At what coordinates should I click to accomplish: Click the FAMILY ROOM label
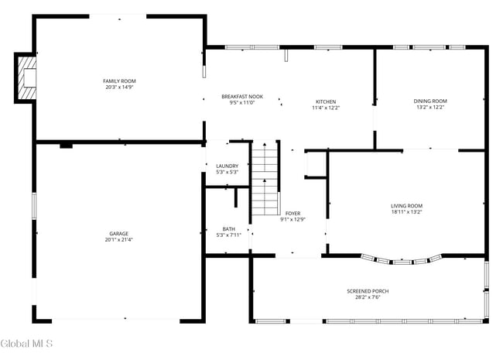(x=119, y=81)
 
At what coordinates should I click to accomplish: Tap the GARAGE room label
(x=118, y=233)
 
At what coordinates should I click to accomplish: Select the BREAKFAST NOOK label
(x=242, y=96)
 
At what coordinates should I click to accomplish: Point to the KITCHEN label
(x=325, y=101)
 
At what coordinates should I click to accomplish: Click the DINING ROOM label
(x=430, y=101)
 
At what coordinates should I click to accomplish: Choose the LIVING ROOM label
(x=406, y=205)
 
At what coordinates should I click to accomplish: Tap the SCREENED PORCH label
(x=368, y=290)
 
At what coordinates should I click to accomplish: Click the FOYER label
(x=293, y=213)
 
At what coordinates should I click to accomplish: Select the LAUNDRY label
(x=227, y=166)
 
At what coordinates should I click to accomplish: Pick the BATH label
(x=229, y=228)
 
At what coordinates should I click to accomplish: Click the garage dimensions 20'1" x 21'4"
(x=119, y=240)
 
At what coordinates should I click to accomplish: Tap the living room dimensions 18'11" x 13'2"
(x=406, y=211)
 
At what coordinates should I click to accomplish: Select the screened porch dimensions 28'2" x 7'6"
(x=368, y=297)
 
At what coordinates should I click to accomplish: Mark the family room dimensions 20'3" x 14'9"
(x=119, y=87)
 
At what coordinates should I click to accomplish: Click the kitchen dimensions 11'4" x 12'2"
(x=325, y=108)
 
